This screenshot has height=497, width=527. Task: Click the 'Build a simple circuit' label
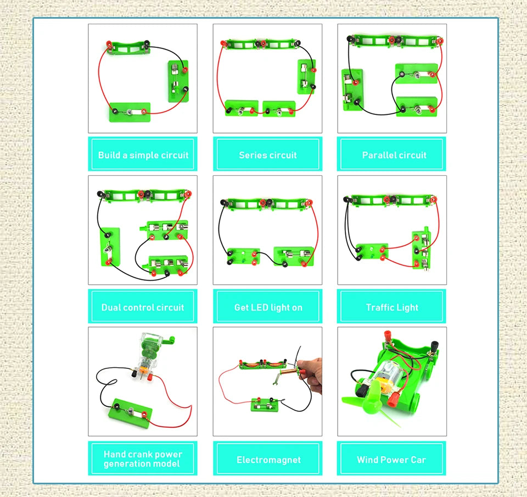[x=143, y=155]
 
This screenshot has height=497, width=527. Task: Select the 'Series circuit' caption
[x=267, y=155]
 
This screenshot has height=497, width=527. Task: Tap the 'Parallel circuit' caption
[x=394, y=155]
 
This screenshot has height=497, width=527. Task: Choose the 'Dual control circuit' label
[x=143, y=307]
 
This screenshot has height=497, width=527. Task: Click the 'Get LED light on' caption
[x=268, y=307]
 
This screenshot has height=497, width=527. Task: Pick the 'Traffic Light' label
[x=392, y=307]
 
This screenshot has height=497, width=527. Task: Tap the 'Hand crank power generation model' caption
[x=143, y=459]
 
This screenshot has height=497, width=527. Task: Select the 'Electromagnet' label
[x=268, y=460]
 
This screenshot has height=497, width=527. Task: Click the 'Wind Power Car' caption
[x=391, y=460]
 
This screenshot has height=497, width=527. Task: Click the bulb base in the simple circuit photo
[x=130, y=112]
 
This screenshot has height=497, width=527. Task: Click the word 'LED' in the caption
[x=260, y=307]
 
